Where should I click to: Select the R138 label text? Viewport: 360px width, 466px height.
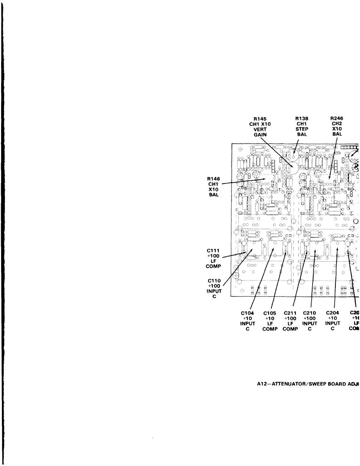[x=301, y=119]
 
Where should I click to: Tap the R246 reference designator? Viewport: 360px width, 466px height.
[x=337, y=119]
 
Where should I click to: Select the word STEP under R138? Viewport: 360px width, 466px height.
[x=301, y=129]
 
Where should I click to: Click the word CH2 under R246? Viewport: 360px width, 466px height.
[x=337, y=124]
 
